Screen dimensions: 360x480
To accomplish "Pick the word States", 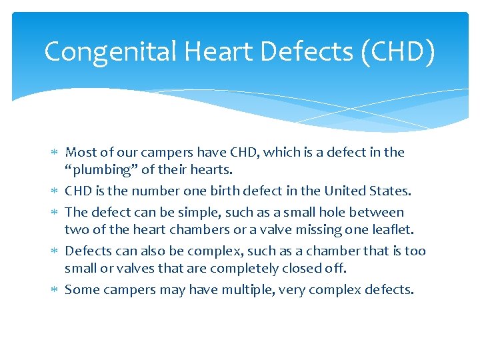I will [393, 191].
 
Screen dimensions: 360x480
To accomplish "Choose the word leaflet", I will [394, 230].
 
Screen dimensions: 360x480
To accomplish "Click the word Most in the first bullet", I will [79, 152].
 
